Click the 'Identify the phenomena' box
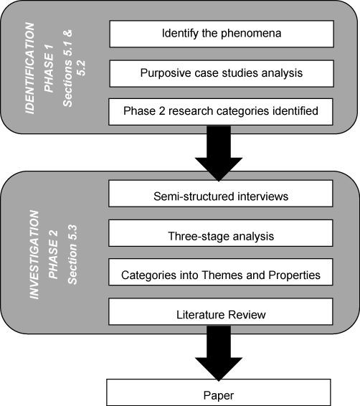click(x=221, y=33)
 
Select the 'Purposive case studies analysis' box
click(x=221, y=72)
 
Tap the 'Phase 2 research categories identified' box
click(x=221, y=112)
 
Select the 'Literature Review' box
click(x=221, y=313)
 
